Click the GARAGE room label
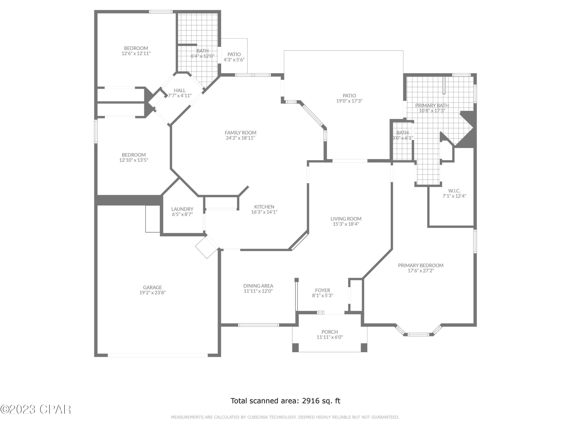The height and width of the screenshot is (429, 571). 152,287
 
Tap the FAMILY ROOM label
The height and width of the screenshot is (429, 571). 240,133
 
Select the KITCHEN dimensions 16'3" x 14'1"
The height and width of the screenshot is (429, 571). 264,212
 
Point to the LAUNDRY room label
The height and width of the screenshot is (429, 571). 182,209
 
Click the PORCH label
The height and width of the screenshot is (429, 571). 329,332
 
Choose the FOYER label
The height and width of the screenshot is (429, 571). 322,290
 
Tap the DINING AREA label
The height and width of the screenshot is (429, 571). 258,286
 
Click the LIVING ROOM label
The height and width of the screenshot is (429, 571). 346,219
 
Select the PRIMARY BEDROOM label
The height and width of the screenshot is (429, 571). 420,265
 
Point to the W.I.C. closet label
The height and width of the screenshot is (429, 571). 454,191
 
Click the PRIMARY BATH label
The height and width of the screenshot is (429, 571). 432,105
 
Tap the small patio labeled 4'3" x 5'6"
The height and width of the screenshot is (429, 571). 234,57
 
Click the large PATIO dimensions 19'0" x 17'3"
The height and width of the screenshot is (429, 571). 349,101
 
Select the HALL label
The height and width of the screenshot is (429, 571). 180,90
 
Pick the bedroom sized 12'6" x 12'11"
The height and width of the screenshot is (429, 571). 136,51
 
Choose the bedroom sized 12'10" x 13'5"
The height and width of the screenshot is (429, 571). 133,157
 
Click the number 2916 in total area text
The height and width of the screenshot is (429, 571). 311,401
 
